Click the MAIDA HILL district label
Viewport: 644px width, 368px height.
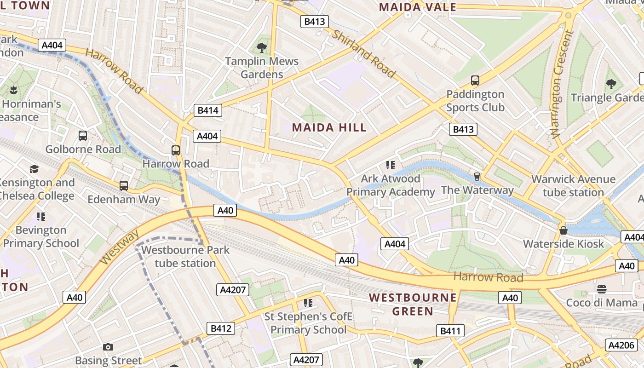(x=329, y=127)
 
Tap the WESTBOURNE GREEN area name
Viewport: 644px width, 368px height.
(x=413, y=305)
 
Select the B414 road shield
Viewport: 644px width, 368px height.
(x=208, y=110)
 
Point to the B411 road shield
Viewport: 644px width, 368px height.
(x=450, y=331)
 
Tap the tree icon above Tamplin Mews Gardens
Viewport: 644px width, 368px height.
(x=262, y=47)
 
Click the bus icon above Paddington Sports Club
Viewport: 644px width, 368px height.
(x=475, y=80)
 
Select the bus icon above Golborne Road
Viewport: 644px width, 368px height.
(x=83, y=136)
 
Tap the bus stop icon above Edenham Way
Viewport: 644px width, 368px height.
(x=124, y=186)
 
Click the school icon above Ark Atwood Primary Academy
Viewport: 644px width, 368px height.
(x=391, y=165)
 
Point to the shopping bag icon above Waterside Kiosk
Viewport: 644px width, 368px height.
(x=563, y=230)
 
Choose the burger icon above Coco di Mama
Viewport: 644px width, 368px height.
(x=602, y=289)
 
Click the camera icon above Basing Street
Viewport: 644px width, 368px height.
(x=108, y=347)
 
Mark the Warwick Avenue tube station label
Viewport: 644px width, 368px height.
(x=573, y=186)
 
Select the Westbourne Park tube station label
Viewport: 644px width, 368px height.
(x=185, y=257)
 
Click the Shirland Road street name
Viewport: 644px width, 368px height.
(x=363, y=53)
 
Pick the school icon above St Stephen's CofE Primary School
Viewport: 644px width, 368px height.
(x=308, y=303)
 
